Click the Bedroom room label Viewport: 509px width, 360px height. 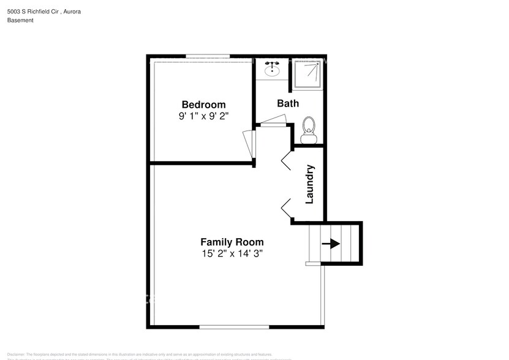click(x=203, y=104)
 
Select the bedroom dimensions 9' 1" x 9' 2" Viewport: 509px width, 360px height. click(x=203, y=116)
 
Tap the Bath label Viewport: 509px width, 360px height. click(x=288, y=103)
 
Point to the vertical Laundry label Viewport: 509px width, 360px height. click(x=310, y=184)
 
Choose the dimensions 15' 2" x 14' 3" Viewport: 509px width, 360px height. click(x=232, y=253)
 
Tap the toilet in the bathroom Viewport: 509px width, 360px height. click(x=309, y=129)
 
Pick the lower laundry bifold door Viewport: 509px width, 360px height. click(x=287, y=208)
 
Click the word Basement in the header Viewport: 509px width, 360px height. click(x=20, y=20)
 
